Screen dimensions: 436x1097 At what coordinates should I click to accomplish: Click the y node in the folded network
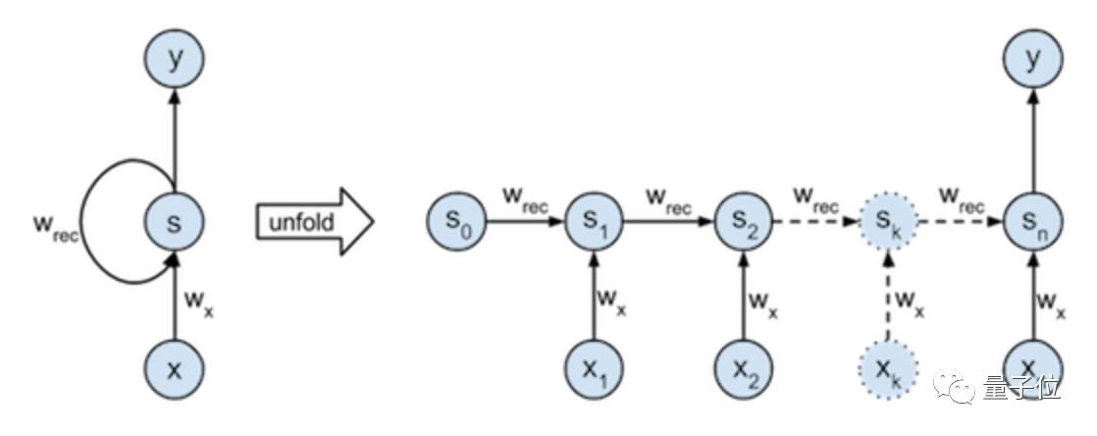click(x=174, y=60)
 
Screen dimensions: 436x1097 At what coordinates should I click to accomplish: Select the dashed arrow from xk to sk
click(x=887, y=295)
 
